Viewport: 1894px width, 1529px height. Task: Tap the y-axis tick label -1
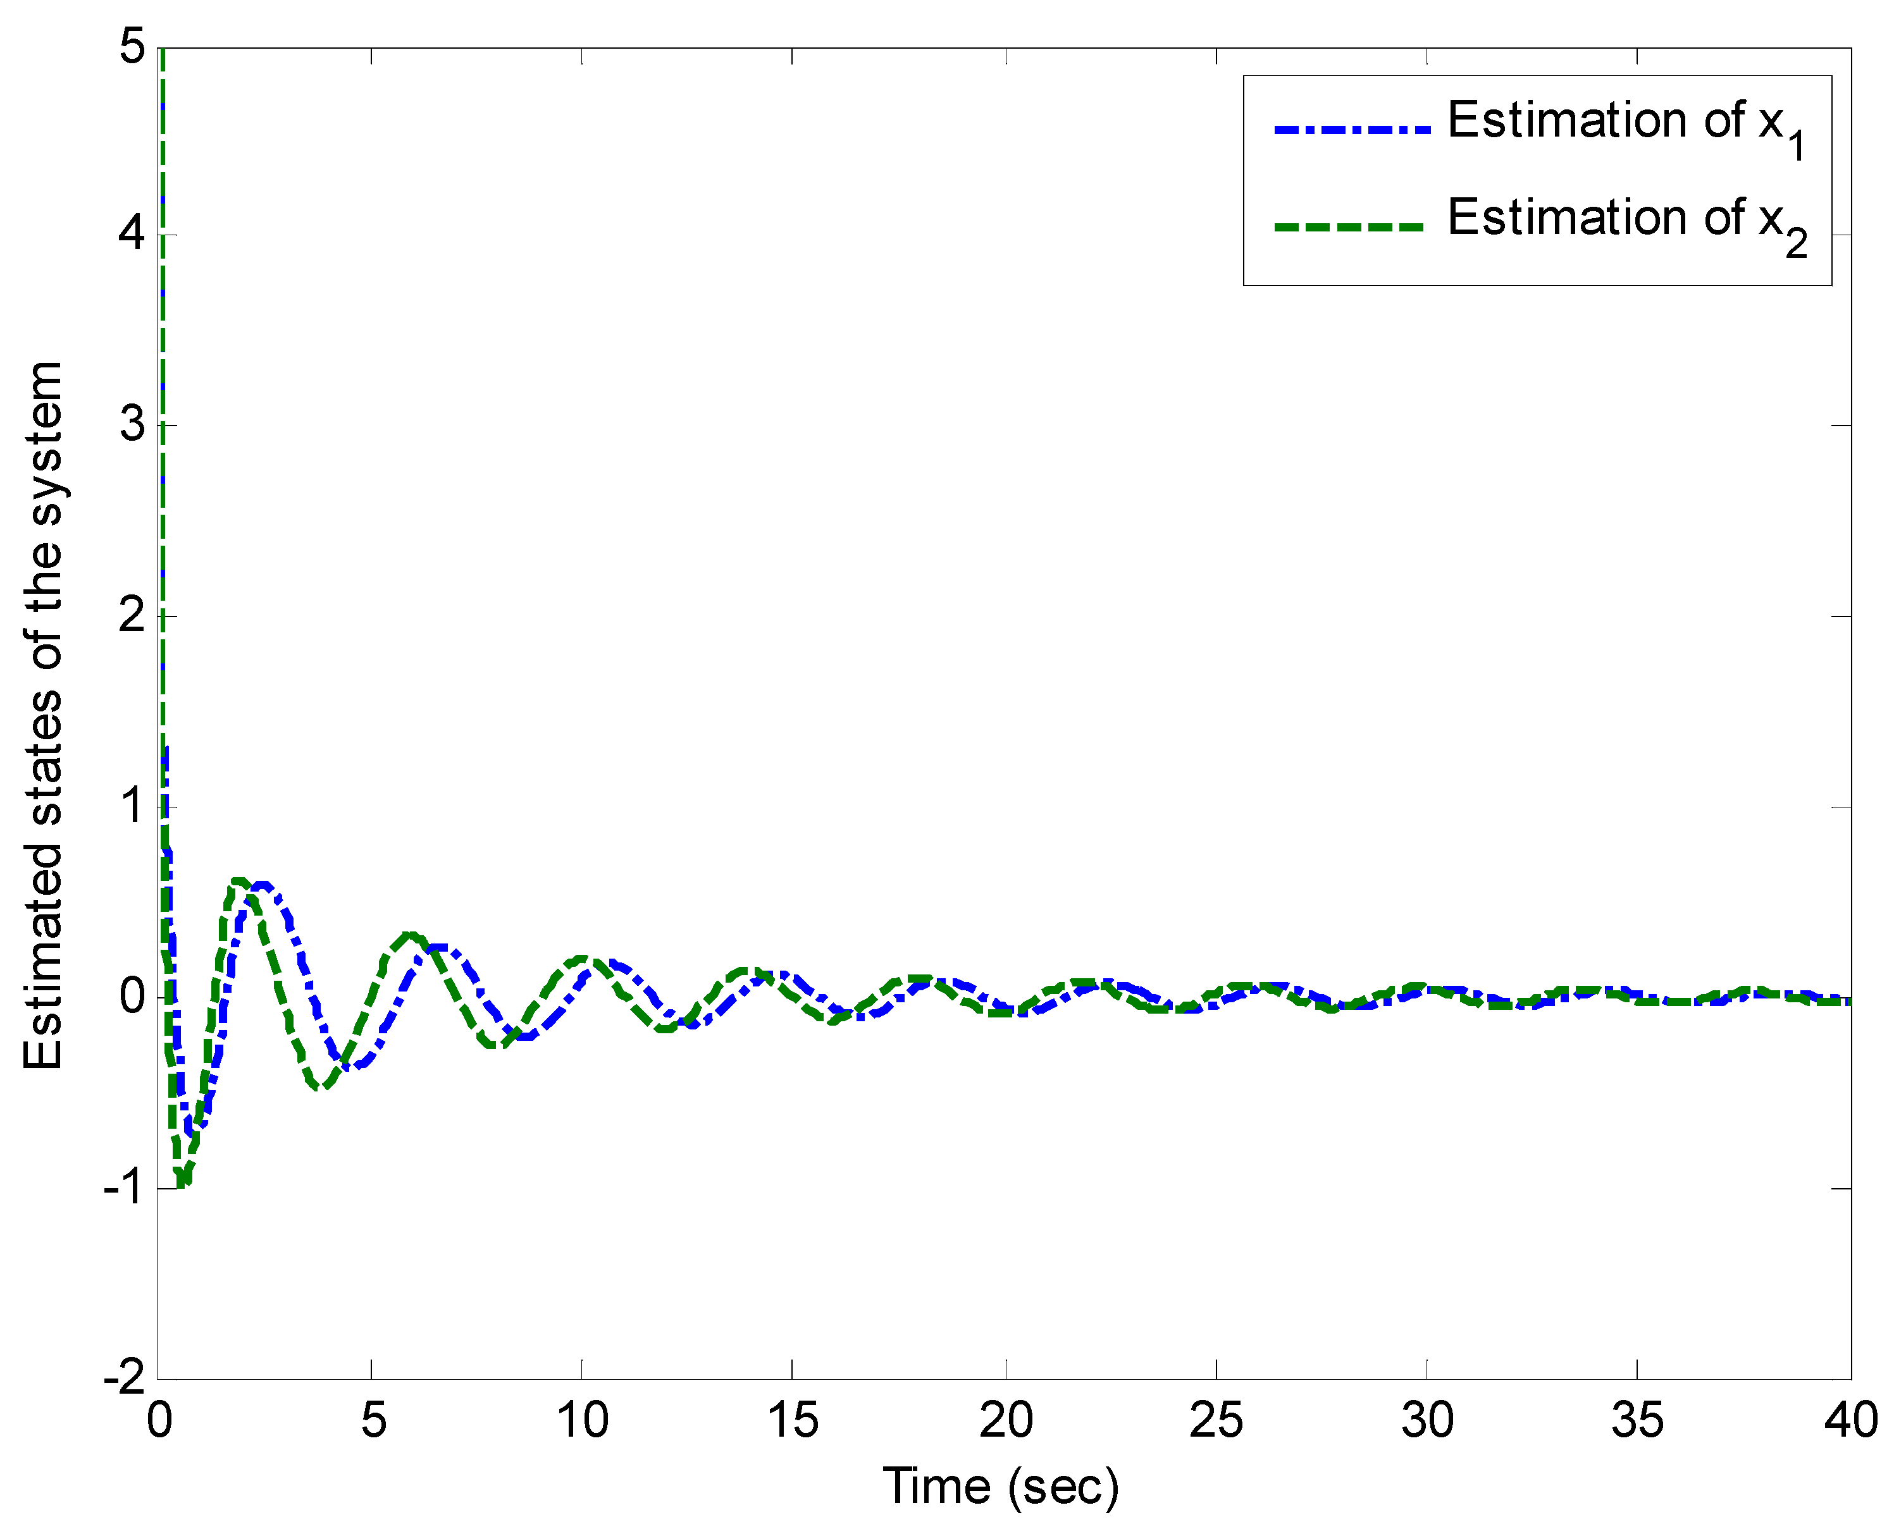(x=123, y=1188)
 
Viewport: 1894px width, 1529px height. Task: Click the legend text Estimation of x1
(x=1625, y=123)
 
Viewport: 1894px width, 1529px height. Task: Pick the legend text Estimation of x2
(x=1625, y=220)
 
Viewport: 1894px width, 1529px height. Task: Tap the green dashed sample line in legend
(x=1349, y=226)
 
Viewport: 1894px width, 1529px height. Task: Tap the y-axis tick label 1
(x=132, y=805)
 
